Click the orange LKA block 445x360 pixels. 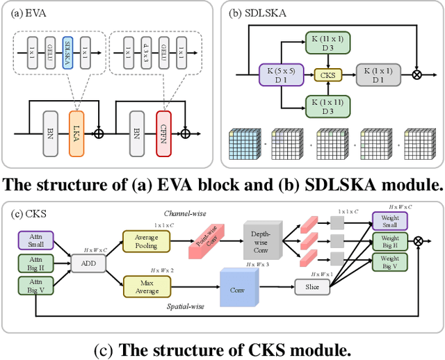pyautogui.click(x=76, y=131)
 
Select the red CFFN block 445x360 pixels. pyautogui.click(x=163, y=131)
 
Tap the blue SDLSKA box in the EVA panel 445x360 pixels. pyautogui.click(x=67, y=52)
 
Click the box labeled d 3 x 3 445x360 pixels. pyautogui.click(x=145, y=52)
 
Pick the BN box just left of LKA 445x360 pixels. pyautogui.click(x=49, y=131)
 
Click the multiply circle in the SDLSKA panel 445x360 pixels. pyautogui.click(x=417, y=73)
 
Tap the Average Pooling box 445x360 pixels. pyautogui.click(x=145, y=240)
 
